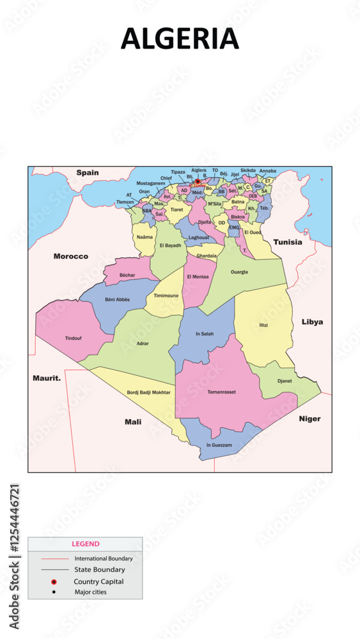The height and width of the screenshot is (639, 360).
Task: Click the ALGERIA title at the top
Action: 180,39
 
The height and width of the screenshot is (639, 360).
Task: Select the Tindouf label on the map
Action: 74,338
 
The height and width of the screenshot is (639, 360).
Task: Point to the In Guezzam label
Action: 219,445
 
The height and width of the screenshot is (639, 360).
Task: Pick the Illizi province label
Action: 263,325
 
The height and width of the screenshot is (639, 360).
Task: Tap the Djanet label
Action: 285,381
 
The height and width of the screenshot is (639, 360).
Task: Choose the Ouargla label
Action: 239,272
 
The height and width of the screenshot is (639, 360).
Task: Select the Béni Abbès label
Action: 118,299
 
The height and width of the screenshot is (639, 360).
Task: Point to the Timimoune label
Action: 166,295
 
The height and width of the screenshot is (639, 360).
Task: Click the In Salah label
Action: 205,334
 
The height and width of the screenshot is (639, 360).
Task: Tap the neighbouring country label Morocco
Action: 71,256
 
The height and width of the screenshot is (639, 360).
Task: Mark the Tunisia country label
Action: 287,242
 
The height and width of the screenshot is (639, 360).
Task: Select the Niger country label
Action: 310,419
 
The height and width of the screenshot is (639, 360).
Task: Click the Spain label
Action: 88,173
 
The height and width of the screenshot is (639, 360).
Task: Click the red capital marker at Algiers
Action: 198,181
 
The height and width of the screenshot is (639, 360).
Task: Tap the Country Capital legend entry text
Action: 98,581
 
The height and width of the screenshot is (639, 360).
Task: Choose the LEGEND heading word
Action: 86,544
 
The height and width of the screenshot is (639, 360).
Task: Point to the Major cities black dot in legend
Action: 54,592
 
